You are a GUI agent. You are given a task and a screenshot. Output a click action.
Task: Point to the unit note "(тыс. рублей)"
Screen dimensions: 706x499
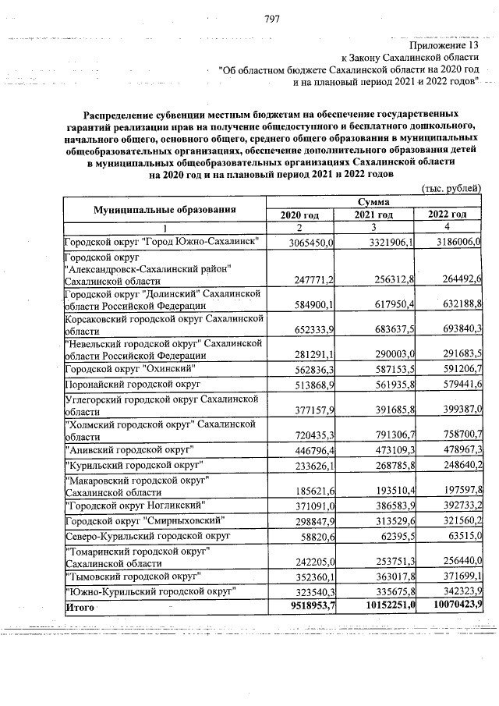pyautogui.click(x=451, y=188)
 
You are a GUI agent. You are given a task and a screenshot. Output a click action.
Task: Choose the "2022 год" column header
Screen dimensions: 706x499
pyautogui.click(x=448, y=215)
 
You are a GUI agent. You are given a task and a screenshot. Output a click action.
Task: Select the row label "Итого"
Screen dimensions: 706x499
pyautogui.click(x=80, y=606)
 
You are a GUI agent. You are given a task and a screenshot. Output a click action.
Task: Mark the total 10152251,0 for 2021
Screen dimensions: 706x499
pyautogui.click(x=379, y=606)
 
